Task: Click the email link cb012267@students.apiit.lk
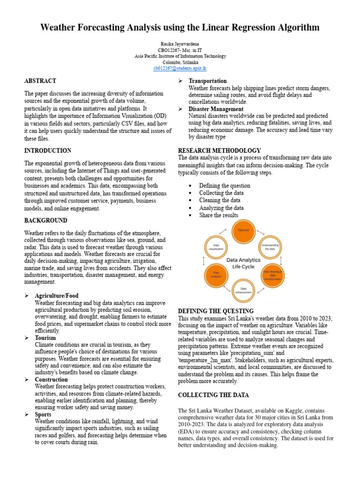point(180,68)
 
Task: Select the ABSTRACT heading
point(40,81)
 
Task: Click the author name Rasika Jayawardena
point(180,44)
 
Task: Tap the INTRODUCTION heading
point(48,151)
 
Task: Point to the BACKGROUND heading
point(45,221)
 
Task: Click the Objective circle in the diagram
point(243,232)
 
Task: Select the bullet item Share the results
point(218,216)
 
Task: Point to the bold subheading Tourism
point(45,338)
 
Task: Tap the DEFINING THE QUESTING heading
point(216,311)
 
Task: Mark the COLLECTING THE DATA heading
point(213,395)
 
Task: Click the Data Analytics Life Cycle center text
point(243,262)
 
